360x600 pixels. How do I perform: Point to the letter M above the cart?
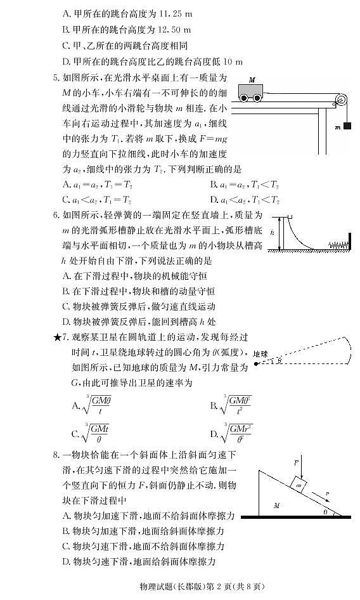[x=252, y=81]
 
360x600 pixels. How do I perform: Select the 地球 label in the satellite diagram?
[x=260, y=354]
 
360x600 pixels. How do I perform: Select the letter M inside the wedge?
[x=277, y=505]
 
